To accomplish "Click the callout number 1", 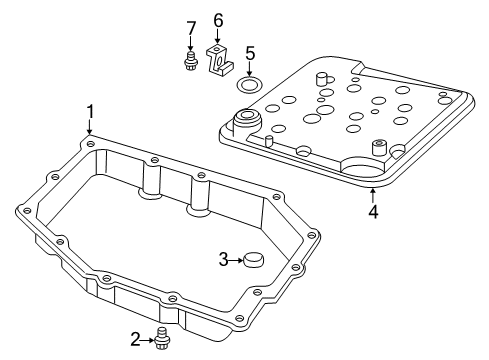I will tap(90, 111).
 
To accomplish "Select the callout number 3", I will tap(224, 261).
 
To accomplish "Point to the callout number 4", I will tap(373, 211).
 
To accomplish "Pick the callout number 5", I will tap(250, 53).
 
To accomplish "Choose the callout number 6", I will tap(218, 20).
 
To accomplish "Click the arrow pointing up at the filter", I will tap(373, 192).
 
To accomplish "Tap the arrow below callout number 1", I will tap(90, 127).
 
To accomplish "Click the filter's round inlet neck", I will tap(245, 123).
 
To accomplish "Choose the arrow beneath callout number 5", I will tap(250, 66).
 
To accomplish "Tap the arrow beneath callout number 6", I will tap(218, 37).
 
